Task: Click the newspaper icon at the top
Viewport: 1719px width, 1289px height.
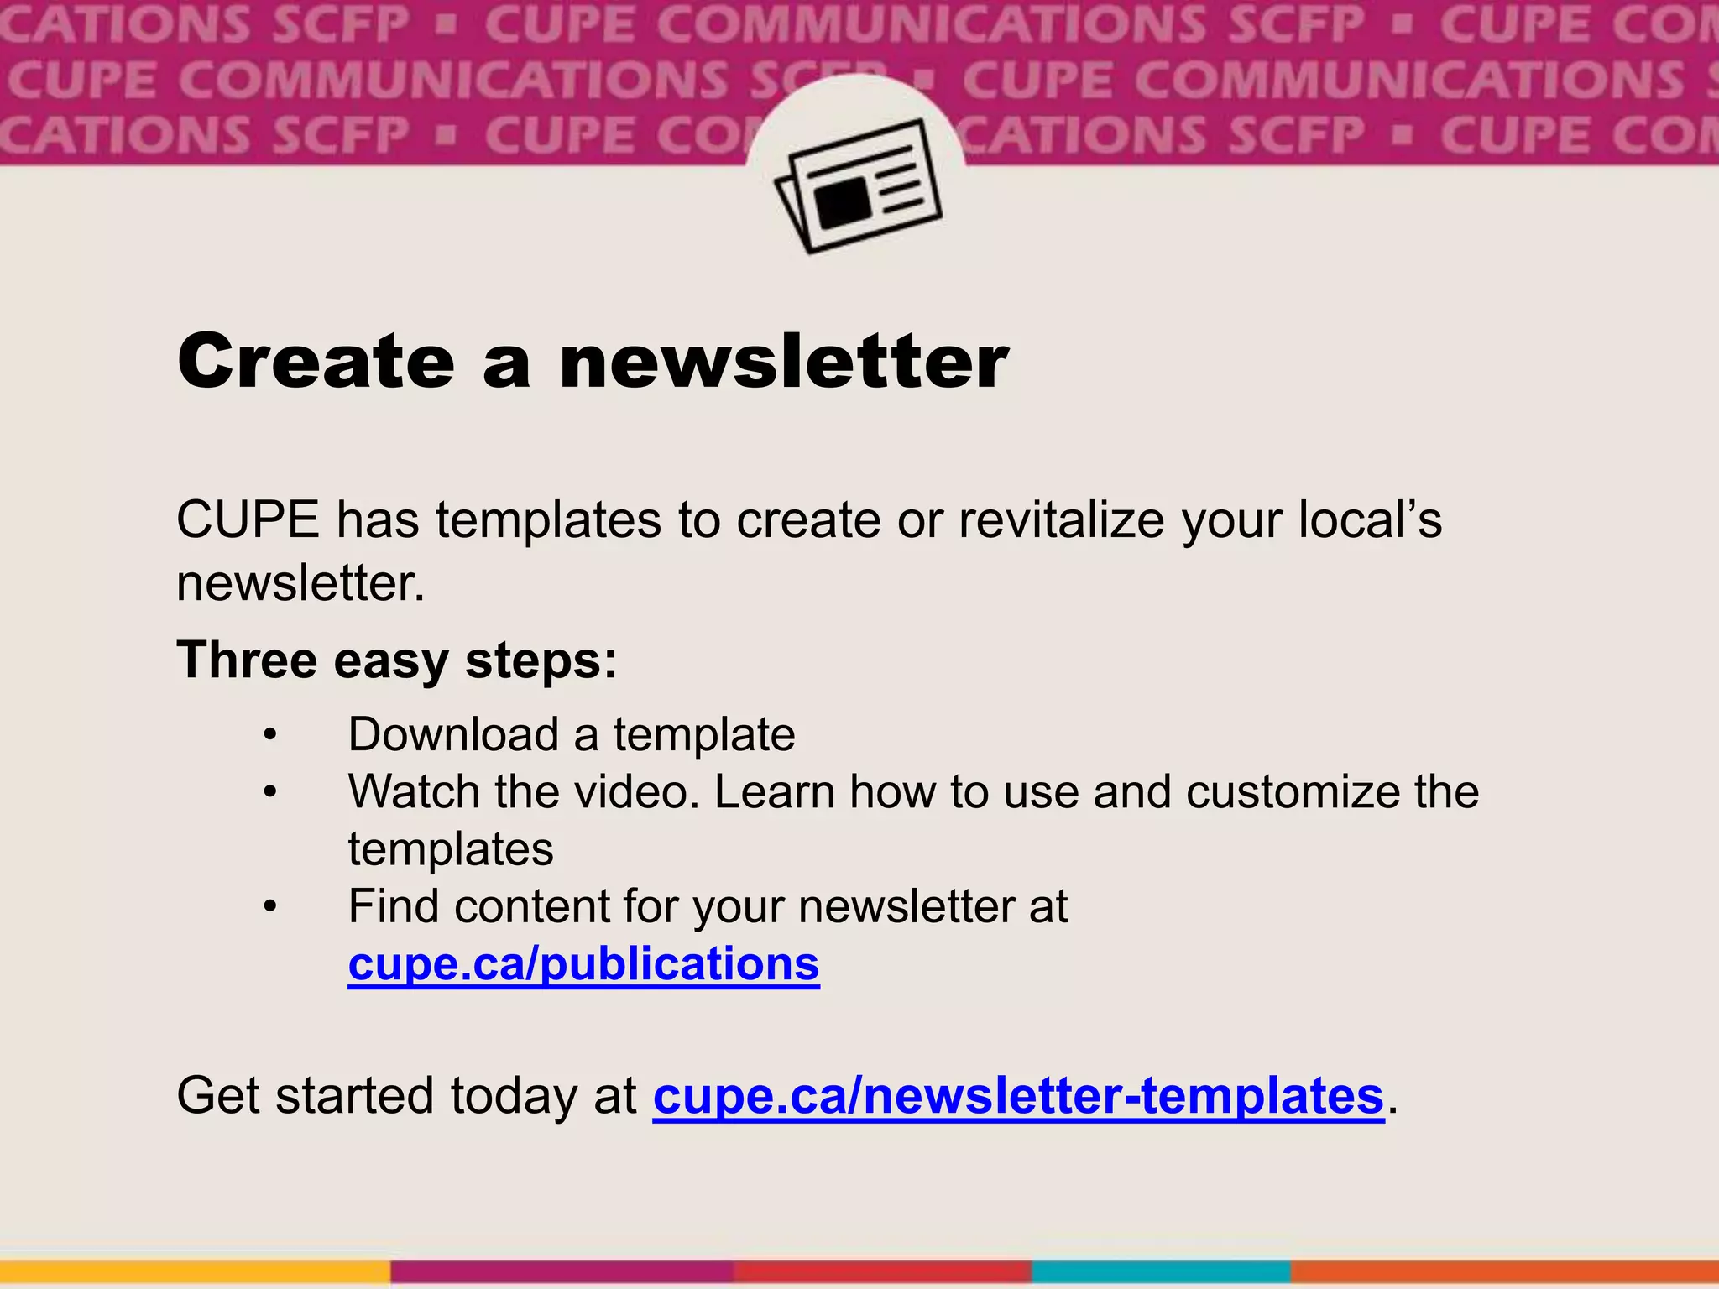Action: pyautogui.click(x=858, y=186)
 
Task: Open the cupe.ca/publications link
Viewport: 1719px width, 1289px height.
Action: pyautogui.click(x=583, y=964)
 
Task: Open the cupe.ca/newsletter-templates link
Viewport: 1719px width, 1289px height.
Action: pyautogui.click(x=1018, y=1096)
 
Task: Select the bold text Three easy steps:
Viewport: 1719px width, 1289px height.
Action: pyautogui.click(x=397, y=660)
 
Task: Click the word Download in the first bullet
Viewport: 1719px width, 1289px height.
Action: pyautogui.click(x=453, y=735)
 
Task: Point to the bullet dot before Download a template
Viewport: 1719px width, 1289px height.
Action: pyautogui.click(x=269, y=736)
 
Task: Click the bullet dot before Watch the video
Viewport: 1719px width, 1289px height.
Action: pyautogui.click(x=269, y=793)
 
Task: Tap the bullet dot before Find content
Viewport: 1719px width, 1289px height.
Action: pyautogui.click(x=269, y=907)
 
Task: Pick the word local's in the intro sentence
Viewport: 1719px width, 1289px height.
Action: pyautogui.click(x=1370, y=520)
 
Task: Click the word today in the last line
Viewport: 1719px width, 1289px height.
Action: pyautogui.click(x=514, y=1096)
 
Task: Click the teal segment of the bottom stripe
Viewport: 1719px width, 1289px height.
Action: pyautogui.click(x=1161, y=1272)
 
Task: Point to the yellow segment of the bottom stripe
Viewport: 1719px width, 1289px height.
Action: pyautogui.click(x=195, y=1272)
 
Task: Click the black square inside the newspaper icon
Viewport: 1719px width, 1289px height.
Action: pyautogui.click(x=843, y=201)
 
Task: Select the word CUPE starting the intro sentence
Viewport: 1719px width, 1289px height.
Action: pyautogui.click(x=248, y=520)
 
